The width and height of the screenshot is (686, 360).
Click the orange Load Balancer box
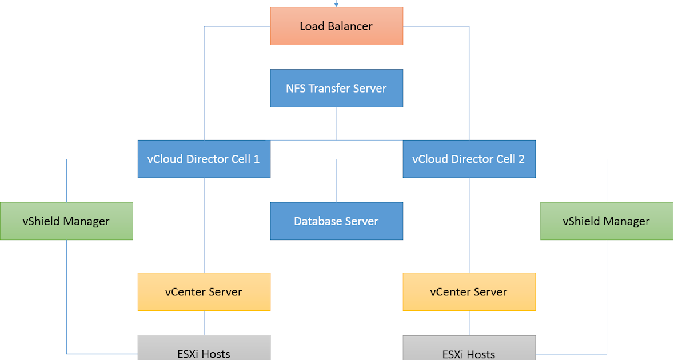[x=336, y=26]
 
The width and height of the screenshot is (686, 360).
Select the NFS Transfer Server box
[x=336, y=89]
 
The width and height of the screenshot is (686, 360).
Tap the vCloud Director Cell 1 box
[x=204, y=159]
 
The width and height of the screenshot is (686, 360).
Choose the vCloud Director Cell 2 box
[x=469, y=159]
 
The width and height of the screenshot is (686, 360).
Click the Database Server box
[x=336, y=221]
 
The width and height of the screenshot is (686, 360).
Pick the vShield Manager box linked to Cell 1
[x=66, y=221]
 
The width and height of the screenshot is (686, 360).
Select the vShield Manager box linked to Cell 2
[x=606, y=221]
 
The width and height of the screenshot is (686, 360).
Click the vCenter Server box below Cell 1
[x=204, y=292]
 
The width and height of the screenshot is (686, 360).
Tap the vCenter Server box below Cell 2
[x=469, y=292]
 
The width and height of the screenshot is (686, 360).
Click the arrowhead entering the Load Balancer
[x=337, y=5]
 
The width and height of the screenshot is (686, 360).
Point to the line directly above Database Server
[x=337, y=181]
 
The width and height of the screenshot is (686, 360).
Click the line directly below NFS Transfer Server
[x=337, y=123]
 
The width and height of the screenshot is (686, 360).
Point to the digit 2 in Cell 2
[x=521, y=159]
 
